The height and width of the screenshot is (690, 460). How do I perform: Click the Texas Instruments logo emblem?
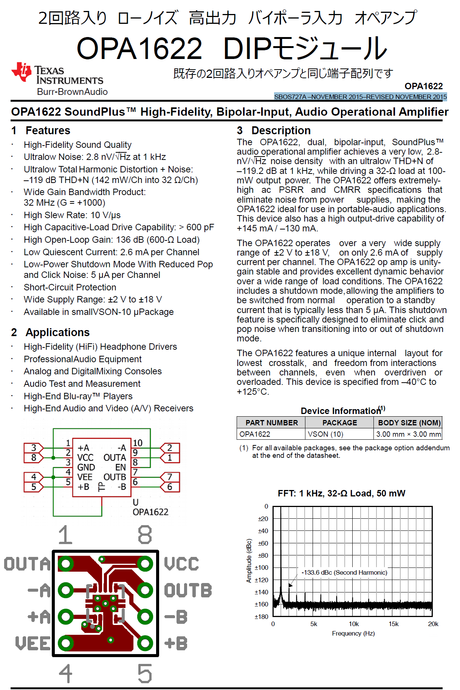pos(21,72)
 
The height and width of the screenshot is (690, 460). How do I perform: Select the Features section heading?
pos(48,130)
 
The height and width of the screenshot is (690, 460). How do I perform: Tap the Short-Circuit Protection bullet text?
pos(70,287)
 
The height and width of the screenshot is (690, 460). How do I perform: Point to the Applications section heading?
pos(57,332)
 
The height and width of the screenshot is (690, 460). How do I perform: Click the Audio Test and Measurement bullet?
pos(82,384)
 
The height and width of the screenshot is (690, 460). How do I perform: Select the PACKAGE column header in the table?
pos(339,423)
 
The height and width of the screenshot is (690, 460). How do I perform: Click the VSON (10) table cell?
pos(325,434)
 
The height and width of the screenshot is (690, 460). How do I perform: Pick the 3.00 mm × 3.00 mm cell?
pos(408,434)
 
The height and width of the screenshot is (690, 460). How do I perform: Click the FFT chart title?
pos(341,493)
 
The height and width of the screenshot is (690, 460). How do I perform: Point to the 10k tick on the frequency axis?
pos(353,624)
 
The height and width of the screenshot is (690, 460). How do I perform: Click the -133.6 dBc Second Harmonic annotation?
pos(344,572)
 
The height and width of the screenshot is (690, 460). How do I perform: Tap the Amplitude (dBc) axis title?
pos(249,561)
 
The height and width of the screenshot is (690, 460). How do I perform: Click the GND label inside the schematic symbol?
pos(86,467)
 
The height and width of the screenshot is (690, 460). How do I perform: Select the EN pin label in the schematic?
pos(121,467)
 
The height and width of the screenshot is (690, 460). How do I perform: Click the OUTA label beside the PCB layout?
pos(27,564)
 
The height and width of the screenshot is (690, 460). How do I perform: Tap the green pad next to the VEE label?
pos(66,643)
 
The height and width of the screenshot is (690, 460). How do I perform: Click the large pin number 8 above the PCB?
pos(145,535)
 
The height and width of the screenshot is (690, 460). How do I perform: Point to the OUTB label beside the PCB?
pos(188,591)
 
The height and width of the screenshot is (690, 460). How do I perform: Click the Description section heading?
pos(281,130)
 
